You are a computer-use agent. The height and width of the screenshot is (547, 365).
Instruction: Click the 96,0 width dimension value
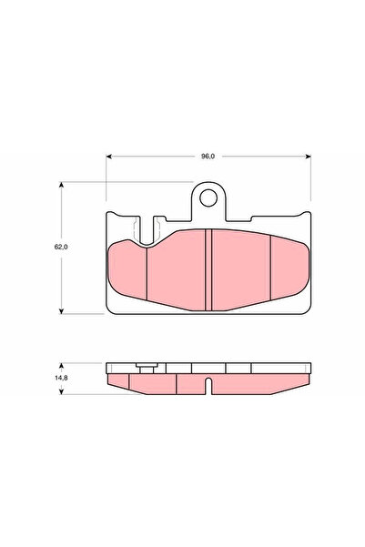tap(208, 157)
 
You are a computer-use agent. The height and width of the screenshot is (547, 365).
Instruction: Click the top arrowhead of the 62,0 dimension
tap(63, 186)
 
